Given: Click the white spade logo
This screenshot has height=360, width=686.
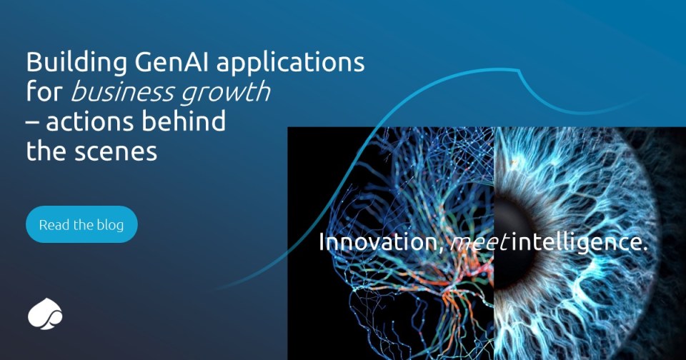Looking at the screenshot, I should click(x=45, y=314).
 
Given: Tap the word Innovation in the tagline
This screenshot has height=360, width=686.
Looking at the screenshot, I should click(x=377, y=241).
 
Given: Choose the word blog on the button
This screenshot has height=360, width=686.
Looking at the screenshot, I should click(x=110, y=225).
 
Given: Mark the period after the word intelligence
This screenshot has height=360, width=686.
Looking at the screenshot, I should click(x=644, y=249).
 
